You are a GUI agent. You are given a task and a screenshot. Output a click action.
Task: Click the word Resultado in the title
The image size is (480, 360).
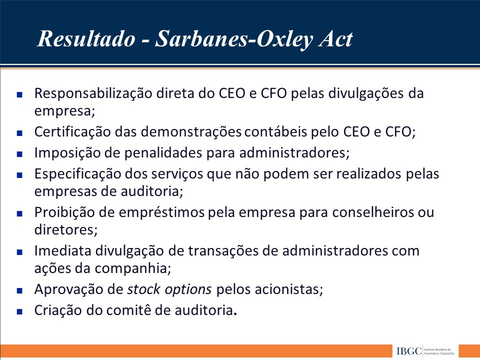click(x=86, y=39)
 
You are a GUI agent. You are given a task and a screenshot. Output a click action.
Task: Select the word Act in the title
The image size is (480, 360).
click(x=336, y=39)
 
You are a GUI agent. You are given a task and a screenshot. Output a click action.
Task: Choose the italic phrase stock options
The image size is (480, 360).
click(x=169, y=289)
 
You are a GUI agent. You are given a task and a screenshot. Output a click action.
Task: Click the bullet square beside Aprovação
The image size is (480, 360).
click(x=19, y=290)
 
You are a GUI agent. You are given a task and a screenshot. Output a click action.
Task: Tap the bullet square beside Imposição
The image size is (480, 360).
click(x=19, y=154)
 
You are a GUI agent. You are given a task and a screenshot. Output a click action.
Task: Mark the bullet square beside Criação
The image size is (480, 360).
click(x=19, y=311)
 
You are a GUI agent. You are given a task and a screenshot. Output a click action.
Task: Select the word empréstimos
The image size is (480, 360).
click(x=161, y=212)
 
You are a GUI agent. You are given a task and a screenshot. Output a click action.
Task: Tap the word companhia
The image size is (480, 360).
click(x=132, y=268)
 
